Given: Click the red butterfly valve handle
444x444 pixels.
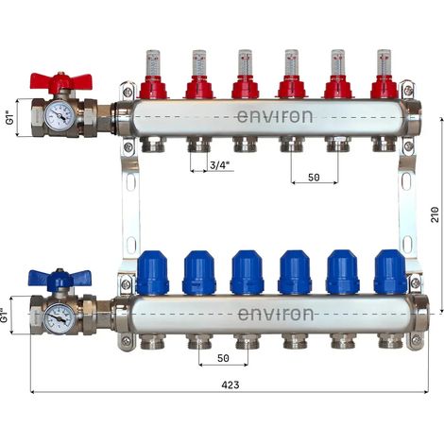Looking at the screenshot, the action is tap(60, 80).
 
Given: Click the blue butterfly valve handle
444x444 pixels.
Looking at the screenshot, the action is tap(60, 278).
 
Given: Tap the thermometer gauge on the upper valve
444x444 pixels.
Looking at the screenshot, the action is tap(60, 117).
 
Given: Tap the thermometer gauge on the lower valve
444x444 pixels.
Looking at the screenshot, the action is tap(60, 318).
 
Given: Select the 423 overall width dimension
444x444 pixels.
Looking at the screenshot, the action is tap(231, 384).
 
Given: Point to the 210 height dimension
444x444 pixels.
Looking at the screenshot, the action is tap(435, 214).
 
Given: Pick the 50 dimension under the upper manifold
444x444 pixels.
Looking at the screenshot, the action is tap(314, 178).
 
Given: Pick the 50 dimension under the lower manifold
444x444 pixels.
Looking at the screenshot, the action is tap(223, 358).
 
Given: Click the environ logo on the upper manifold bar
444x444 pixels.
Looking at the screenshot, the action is tap(275, 116).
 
